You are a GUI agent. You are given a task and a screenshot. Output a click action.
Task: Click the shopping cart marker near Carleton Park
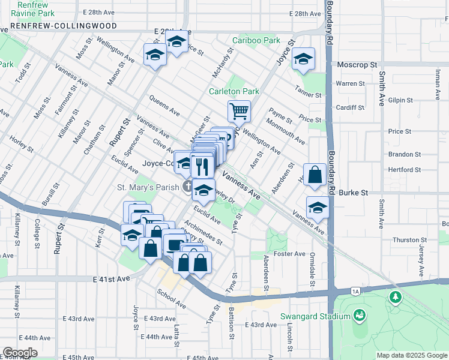(x=239, y=111)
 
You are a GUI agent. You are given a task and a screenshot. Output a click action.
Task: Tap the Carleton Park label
(x=234, y=92)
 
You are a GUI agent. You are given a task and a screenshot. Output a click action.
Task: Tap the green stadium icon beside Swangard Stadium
(x=360, y=315)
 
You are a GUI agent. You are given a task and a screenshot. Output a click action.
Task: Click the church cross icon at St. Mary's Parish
(x=188, y=187)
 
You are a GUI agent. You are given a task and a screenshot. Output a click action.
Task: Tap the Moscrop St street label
(x=357, y=64)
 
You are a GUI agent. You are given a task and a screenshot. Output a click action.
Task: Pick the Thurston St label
(x=409, y=240)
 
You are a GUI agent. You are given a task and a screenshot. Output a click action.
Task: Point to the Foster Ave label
(x=290, y=254)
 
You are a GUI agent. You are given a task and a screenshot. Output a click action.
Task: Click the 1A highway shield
(x=355, y=291)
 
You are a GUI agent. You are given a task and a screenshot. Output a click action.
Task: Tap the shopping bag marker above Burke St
(x=315, y=175)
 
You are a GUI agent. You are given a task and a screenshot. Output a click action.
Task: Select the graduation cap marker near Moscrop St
(x=304, y=59)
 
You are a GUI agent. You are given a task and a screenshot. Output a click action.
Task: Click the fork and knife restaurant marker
(x=202, y=164)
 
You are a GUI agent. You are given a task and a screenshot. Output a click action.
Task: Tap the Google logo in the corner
(x=20, y=352)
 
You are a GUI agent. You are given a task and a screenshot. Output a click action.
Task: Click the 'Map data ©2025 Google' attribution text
(x=411, y=355)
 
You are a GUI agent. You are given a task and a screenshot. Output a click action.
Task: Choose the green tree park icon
(x=396, y=296)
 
